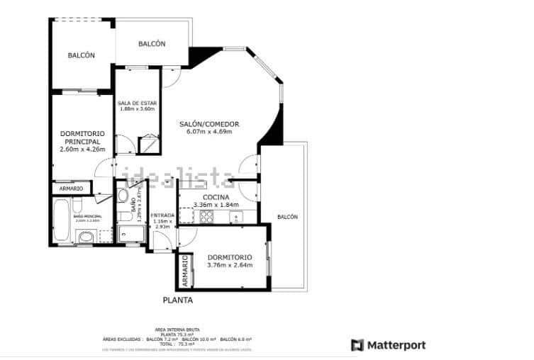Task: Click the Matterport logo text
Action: click(x=396, y=345)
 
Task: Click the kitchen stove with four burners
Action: click(x=207, y=217)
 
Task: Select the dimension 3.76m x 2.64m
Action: click(x=229, y=265)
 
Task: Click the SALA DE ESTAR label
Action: click(x=136, y=103)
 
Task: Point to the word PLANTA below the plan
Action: click(x=177, y=300)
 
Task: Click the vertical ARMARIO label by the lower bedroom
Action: click(x=184, y=271)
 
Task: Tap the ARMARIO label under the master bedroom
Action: click(x=71, y=189)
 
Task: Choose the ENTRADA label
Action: click(x=162, y=215)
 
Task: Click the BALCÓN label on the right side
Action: click(x=287, y=217)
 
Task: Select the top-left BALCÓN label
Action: click(x=81, y=56)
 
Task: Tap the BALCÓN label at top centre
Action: click(x=152, y=44)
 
